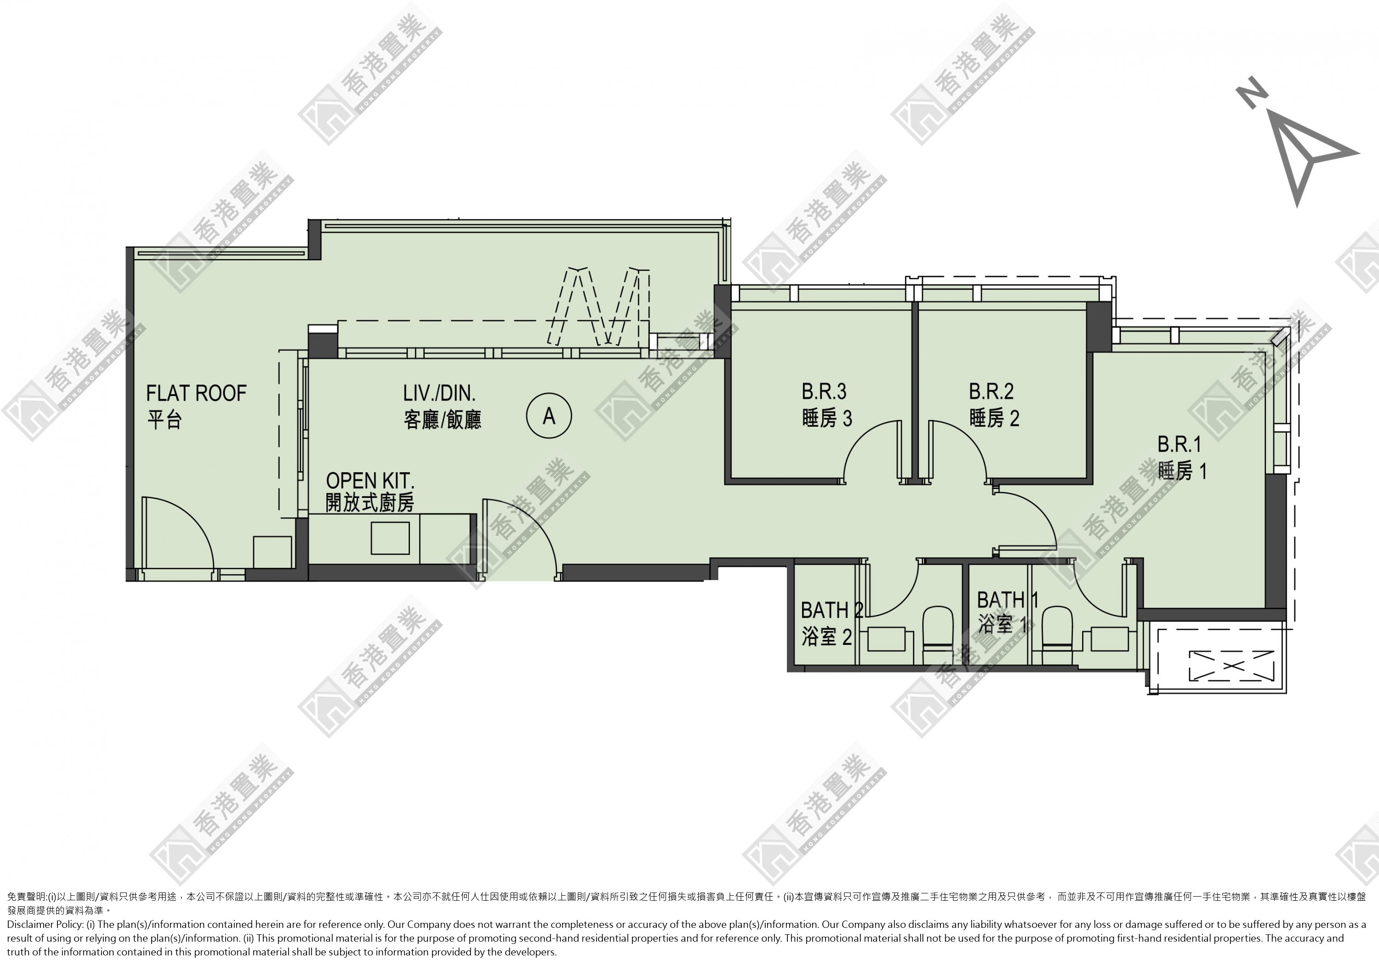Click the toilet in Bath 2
tap(938, 635)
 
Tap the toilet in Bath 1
tap(1058, 635)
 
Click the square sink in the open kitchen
tap(390, 538)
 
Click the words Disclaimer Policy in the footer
tap(45, 924)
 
